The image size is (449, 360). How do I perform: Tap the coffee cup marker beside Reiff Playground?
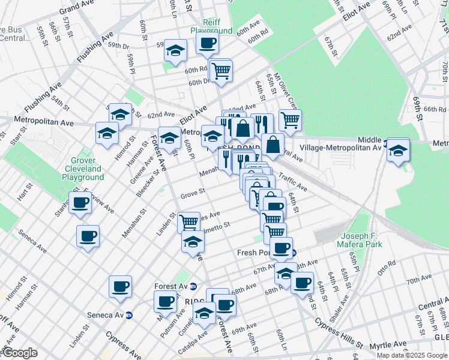point(207,44)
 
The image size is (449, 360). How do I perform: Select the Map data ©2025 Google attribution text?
point(411,355)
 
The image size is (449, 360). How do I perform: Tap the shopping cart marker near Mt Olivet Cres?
point(290,120)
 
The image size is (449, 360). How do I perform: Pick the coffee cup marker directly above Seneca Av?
point(120,286)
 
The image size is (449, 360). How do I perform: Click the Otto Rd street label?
point(387,263)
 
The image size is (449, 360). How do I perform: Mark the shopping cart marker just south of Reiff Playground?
point(221,70)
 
